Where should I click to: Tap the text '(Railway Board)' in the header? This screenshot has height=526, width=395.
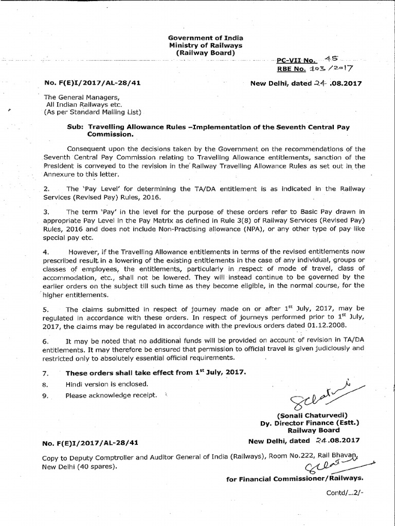(x=206, y=53)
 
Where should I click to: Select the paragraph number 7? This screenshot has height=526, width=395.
(x=45, y=372)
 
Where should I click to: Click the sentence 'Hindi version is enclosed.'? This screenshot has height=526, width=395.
(x=106, y=384)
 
